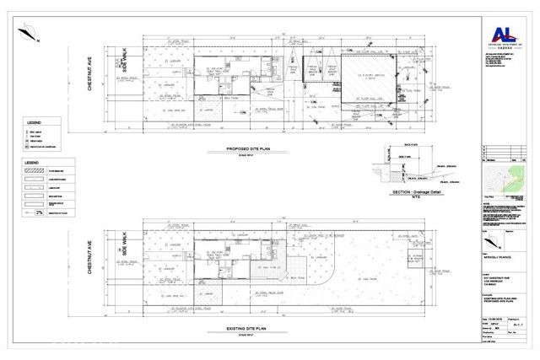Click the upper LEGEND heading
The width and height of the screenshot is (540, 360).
(30, 122)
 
